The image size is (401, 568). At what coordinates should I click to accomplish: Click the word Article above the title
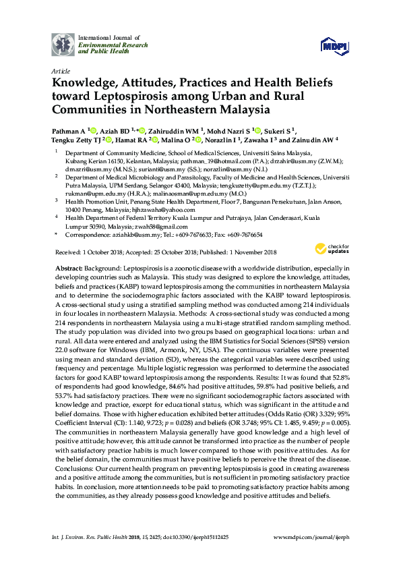pos(60,70)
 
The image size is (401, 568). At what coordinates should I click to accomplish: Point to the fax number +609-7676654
pos(243,234)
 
